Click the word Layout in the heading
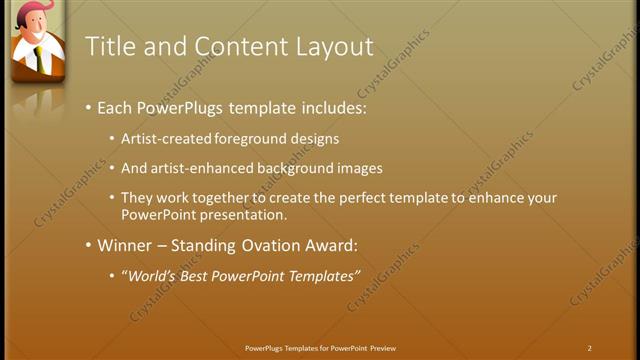click(335, 47)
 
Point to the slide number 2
click(590, 348)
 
